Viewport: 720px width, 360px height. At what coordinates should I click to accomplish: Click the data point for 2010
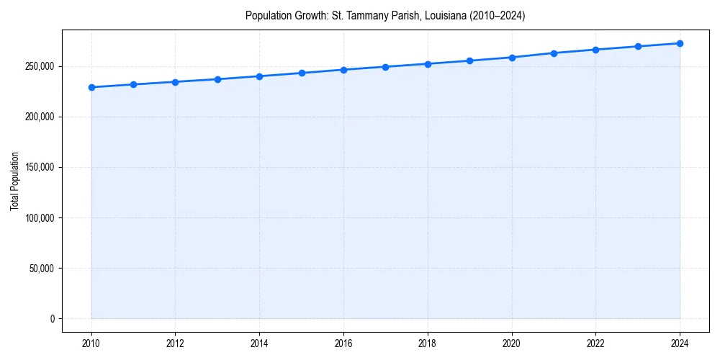[91, 87]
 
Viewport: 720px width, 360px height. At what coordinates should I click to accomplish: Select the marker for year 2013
[217, 79]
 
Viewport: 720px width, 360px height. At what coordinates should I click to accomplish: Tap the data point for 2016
[343, 70]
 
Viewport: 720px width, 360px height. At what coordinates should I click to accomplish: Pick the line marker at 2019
[469, 60]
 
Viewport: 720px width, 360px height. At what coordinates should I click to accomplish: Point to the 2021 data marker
[554, 53]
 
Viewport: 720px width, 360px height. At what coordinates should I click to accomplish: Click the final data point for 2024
[680, 43]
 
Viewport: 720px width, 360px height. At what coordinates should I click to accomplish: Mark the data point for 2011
[133, 84]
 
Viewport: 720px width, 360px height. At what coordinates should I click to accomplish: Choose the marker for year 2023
[638, 46]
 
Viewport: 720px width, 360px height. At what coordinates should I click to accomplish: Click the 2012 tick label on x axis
[175, 343]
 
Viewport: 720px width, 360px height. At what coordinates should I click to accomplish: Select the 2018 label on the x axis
[428, 343]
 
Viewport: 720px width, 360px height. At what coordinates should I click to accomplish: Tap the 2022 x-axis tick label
[595, 343]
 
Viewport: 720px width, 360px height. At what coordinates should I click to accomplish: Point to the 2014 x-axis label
[259, 343]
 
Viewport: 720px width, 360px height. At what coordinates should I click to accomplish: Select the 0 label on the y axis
[52, 318]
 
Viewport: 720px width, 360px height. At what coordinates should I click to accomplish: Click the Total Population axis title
[14, 181]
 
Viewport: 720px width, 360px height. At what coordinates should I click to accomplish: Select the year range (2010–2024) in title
[498, 15]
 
